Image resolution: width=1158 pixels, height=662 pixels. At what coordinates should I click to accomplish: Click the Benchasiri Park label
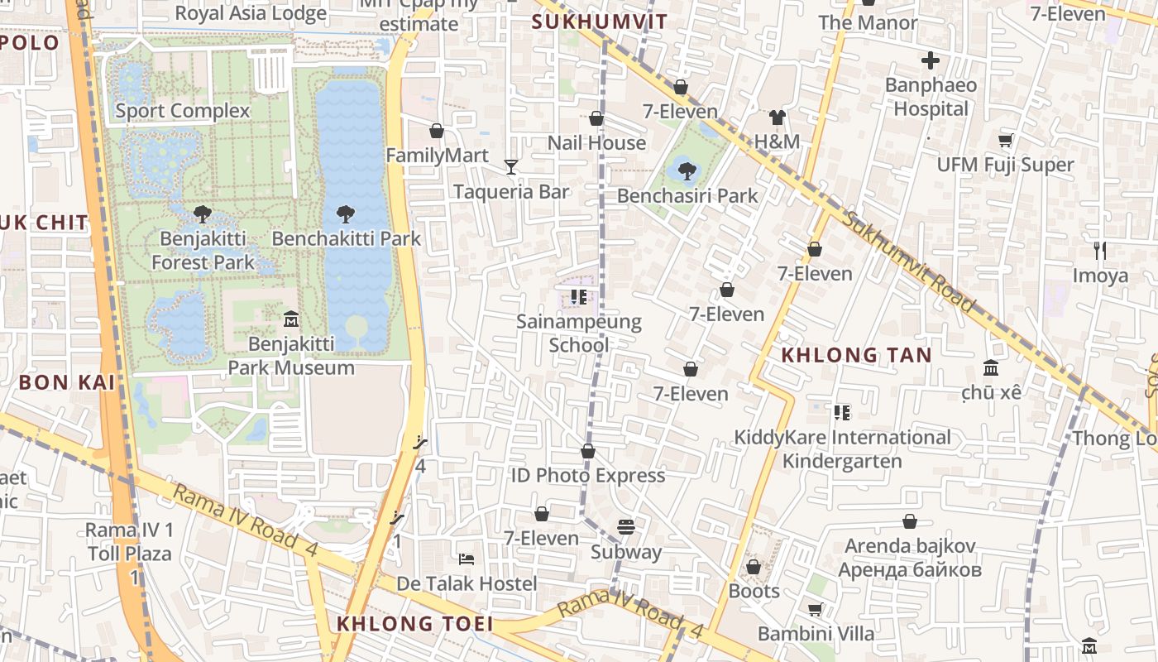tap(687, 196)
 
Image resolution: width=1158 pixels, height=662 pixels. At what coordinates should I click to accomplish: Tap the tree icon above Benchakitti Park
tap(346, 214)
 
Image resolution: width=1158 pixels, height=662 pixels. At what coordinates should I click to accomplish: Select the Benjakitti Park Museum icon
tap(291, 319)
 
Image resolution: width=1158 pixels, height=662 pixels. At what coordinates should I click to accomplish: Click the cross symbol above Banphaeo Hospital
tap(931, 60)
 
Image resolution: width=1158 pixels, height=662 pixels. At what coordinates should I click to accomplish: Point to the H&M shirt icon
tap(777, 118)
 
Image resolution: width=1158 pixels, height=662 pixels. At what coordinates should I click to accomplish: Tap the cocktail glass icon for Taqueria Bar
tap(511, 167)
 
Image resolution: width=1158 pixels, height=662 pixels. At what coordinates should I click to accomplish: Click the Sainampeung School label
tap(579, 333)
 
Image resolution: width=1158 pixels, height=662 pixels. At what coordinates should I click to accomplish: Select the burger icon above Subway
tap(626, 527)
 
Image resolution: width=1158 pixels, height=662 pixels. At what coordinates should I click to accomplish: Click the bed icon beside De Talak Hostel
tap(467, 559)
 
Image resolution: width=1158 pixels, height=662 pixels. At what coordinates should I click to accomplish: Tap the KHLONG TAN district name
tap(857, 356)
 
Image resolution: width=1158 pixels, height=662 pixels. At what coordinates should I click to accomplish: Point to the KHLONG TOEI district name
tap(414, 624)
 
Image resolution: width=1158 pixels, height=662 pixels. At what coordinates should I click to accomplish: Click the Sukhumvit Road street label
tap(910, 260)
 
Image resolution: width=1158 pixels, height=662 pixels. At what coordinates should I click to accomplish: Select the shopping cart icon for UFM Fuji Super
tap(1006, 140)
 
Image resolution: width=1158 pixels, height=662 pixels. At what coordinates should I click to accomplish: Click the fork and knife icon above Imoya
tap(1100, 250)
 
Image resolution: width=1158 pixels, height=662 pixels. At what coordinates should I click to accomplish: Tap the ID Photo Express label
tap(587, 476)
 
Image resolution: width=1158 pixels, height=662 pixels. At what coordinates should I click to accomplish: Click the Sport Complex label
tap(182, 111)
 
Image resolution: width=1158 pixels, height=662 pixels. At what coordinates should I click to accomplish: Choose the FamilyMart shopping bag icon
tap(437, 131)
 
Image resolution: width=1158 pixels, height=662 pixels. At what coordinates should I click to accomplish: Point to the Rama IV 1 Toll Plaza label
tap(130, 542)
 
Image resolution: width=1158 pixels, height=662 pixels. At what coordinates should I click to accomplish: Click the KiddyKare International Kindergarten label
tap(842, 449)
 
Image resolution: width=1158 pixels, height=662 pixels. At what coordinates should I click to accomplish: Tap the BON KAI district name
tap(66, 382)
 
